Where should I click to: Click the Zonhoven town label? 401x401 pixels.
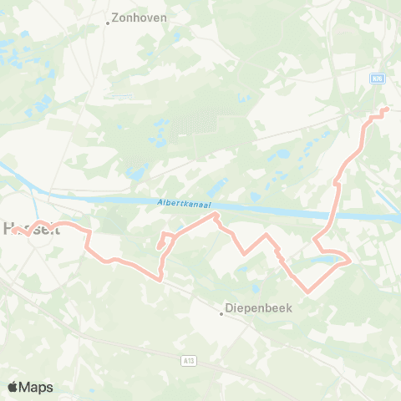click(140, 17)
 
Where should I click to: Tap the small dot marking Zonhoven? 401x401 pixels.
click(109, 23)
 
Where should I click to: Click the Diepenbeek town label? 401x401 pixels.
click(257, 307)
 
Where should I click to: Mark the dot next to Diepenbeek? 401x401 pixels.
click(222, 314)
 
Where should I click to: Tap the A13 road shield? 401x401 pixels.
click(190, 360)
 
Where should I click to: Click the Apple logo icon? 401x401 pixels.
click(13, 387)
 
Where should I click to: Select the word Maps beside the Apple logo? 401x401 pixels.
click(37, 387)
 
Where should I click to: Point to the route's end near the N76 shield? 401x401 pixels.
click(386, 109)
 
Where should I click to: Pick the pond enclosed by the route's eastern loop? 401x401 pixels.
click(322, 261)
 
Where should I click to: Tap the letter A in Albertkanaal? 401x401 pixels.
click(159, 202)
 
